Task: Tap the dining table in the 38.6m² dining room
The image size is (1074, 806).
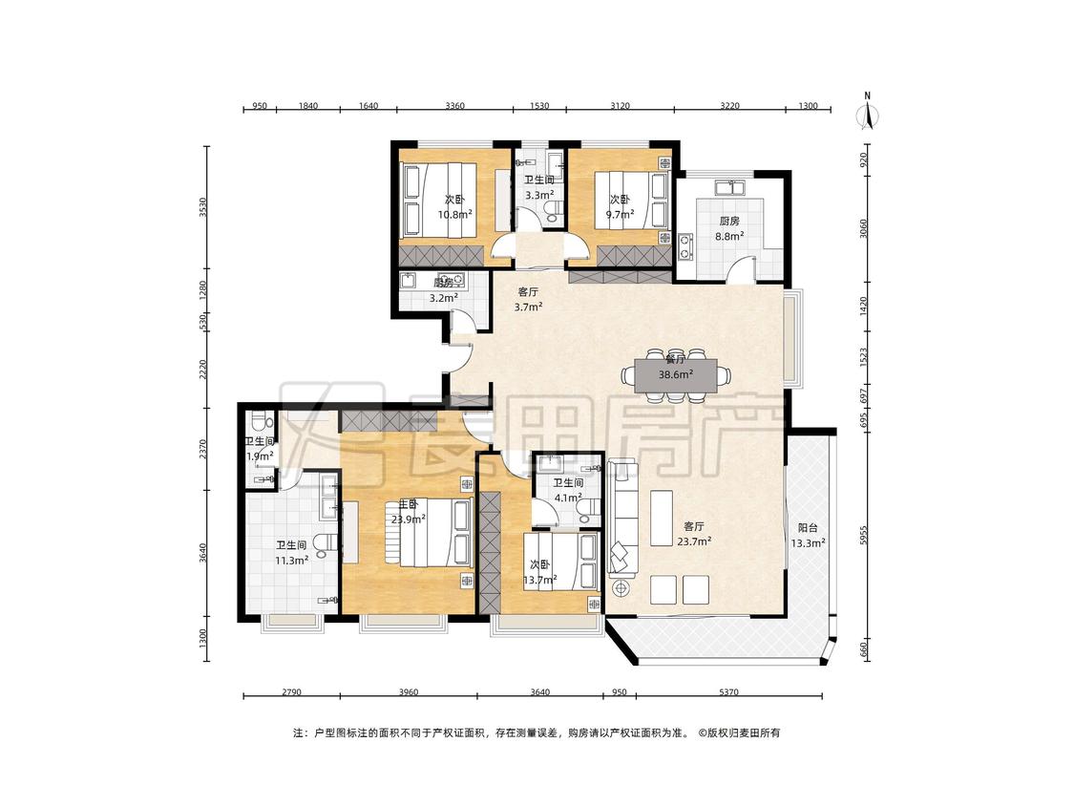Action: pyautogui.click(x=675, y=375)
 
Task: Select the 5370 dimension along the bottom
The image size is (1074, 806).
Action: pyautogui.click(x=728, y=692)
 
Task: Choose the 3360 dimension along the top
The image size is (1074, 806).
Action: pyautogui.click(x=454, y=106)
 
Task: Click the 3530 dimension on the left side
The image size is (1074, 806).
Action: pyautogui.click(x=202, y=207)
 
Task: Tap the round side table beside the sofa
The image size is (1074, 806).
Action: pyautogui.click(x=621, y=588)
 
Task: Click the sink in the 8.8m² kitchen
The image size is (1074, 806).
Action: pyautogui.click(x=730, y=187)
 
